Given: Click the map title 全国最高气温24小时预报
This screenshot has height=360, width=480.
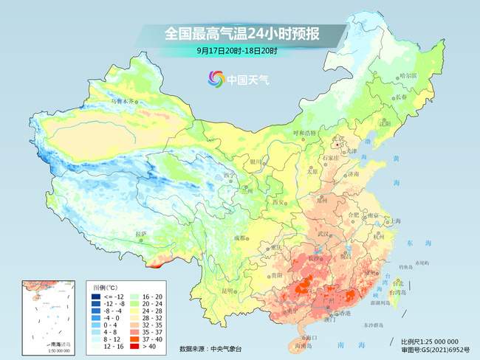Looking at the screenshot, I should pyautogui.click(x=239, y=33).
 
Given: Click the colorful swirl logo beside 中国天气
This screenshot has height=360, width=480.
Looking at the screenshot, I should pyautogui.click(x=216, y=78).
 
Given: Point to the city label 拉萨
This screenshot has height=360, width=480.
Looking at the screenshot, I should pyautogui.click(x=141, y=234).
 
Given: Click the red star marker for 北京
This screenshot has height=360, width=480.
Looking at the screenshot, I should pyautogui.click(x=337, y=145).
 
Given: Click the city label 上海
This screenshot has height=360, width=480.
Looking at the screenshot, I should pyautogui.click(x=397, y=220).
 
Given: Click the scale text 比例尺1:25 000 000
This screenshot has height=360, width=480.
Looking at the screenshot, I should pyautogui.click(x=436, y=342).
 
